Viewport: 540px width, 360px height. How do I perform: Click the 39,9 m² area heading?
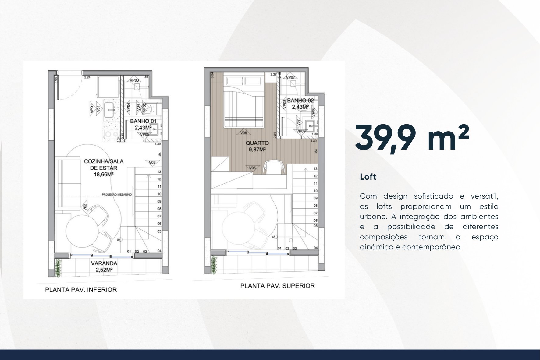point(412,137)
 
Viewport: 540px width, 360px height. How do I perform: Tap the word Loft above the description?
point(368,177)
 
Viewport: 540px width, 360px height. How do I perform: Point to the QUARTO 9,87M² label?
point(257,146)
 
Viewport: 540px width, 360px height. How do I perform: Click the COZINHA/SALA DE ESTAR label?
point(104,168)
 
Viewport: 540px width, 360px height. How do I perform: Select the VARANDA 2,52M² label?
point(104,266)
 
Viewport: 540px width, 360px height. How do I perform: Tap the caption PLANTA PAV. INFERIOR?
point(81,290)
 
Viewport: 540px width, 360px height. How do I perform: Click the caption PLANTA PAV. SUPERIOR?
point(277,286)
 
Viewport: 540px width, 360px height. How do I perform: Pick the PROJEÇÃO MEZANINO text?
point(117,194)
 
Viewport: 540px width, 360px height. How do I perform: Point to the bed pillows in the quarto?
point(243,81)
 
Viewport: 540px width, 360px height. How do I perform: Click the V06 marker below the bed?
point(243,133)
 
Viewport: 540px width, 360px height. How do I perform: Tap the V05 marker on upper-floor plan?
point(252,168)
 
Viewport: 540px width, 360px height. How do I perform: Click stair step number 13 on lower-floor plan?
point(159,172)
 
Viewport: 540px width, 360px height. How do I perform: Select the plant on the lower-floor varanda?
point(58,268)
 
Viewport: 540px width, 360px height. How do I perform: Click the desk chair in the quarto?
point(274,167)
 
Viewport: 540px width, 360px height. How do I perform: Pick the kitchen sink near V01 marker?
point(109,109)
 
